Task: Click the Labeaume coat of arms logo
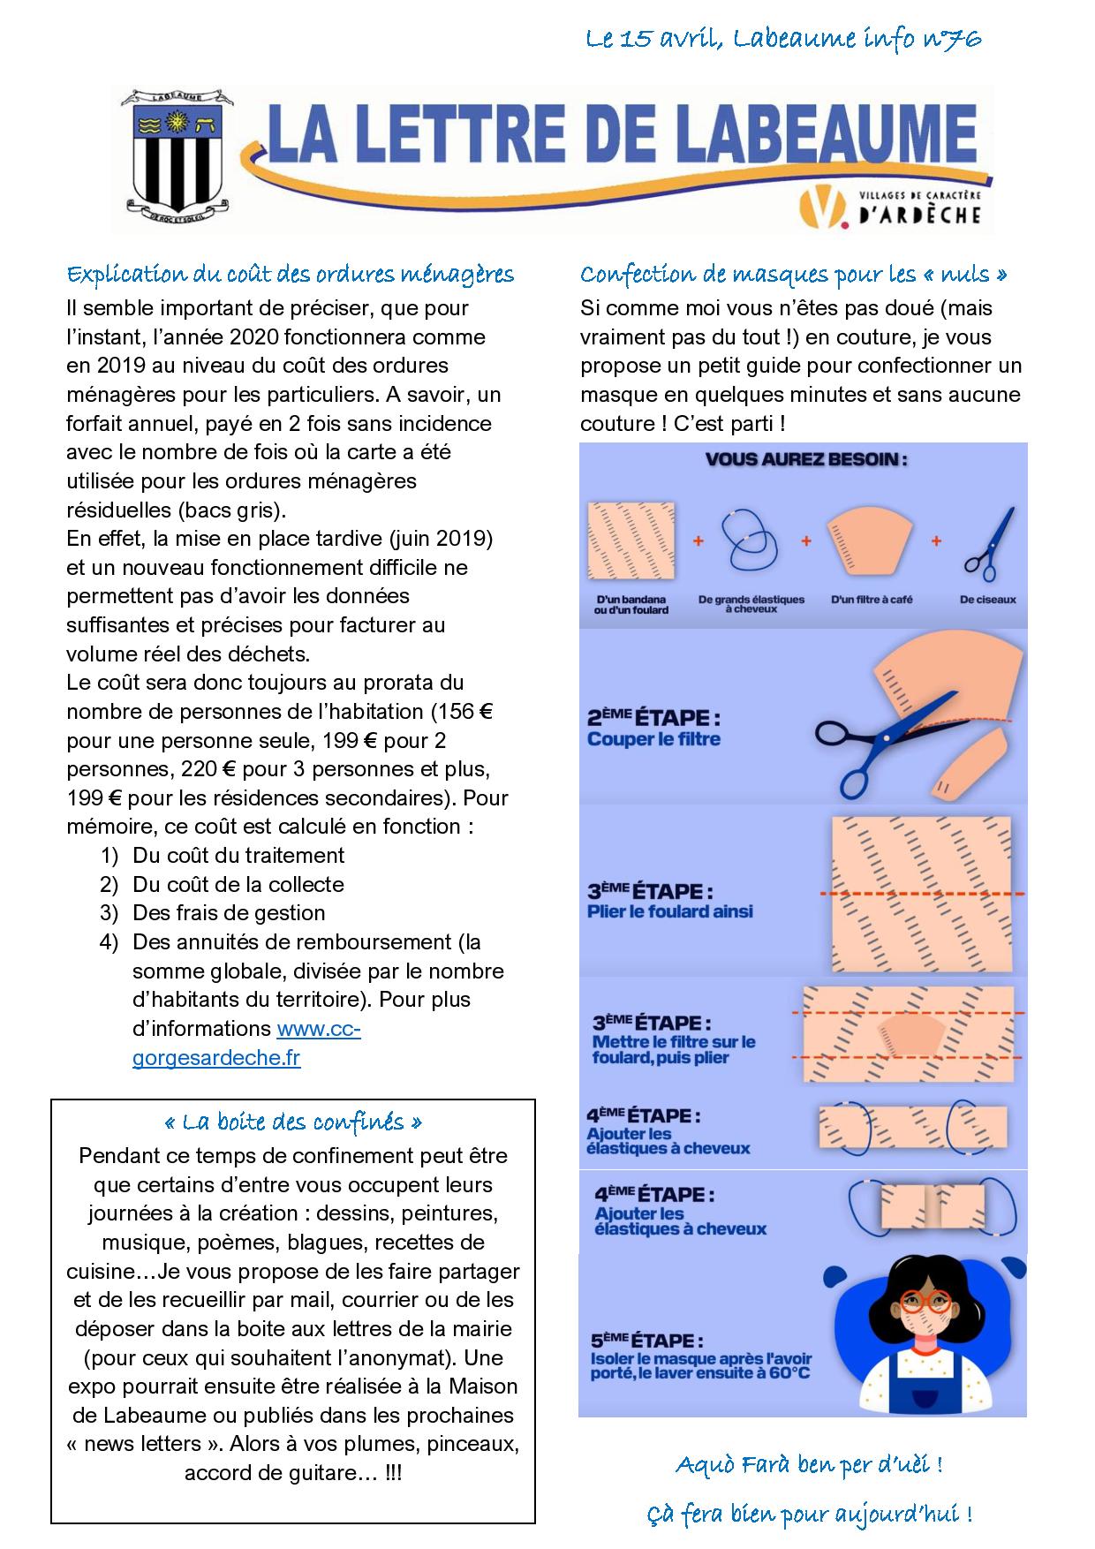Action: [177, 156]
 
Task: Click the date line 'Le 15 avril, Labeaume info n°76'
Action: [783, 39]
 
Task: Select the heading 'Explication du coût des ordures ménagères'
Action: [291, 274]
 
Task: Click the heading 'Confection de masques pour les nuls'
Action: [793, 274]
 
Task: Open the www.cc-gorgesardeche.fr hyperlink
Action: [246, 1043]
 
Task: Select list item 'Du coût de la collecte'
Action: [238, 884]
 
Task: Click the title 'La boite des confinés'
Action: [293, 1122]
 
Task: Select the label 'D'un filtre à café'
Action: [871, 599]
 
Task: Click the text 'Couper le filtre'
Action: [653, 739]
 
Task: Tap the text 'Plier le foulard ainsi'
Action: [669, 911]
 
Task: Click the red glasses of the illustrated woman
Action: [925, 1301]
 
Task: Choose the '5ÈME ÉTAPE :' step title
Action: [647, 1341]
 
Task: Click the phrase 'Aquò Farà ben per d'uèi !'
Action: [809, 1465]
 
